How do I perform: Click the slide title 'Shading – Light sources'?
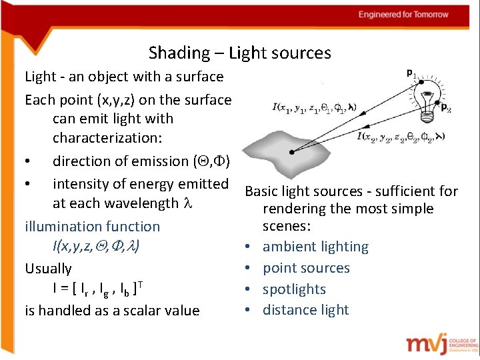240,53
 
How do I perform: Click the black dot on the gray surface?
292,152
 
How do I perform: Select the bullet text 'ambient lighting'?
315,247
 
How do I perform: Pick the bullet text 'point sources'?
306,268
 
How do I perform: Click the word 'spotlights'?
294,289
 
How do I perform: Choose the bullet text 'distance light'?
305,310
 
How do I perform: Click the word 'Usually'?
48,269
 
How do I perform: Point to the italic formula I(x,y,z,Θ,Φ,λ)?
105,247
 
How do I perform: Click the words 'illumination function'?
92,227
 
